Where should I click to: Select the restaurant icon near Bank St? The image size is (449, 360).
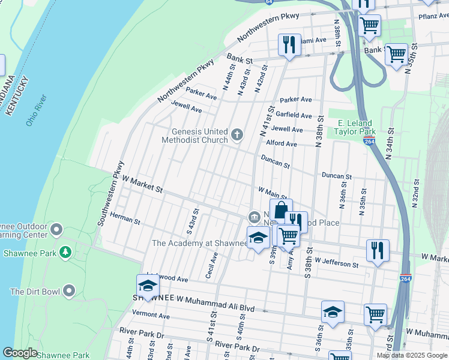pyautogui.click(x=289, y=45)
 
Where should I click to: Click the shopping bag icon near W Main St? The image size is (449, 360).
pyautogui.click(x=280, y=211)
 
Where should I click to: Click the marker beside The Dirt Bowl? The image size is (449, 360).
pyautogui.click(x=69, y=292)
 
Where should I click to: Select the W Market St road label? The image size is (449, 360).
pyautogui.click(x=142, y=184)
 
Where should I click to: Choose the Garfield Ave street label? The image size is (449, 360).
pyautogui.click(x=294, y=115)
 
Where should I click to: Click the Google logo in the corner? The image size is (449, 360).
pyautogui.click(x=19, y=353)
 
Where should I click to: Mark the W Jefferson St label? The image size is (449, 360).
pyautogui.click(x=340, y=263)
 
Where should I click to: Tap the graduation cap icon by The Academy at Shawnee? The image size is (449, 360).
pyautogui.click(x=259, y=238)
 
